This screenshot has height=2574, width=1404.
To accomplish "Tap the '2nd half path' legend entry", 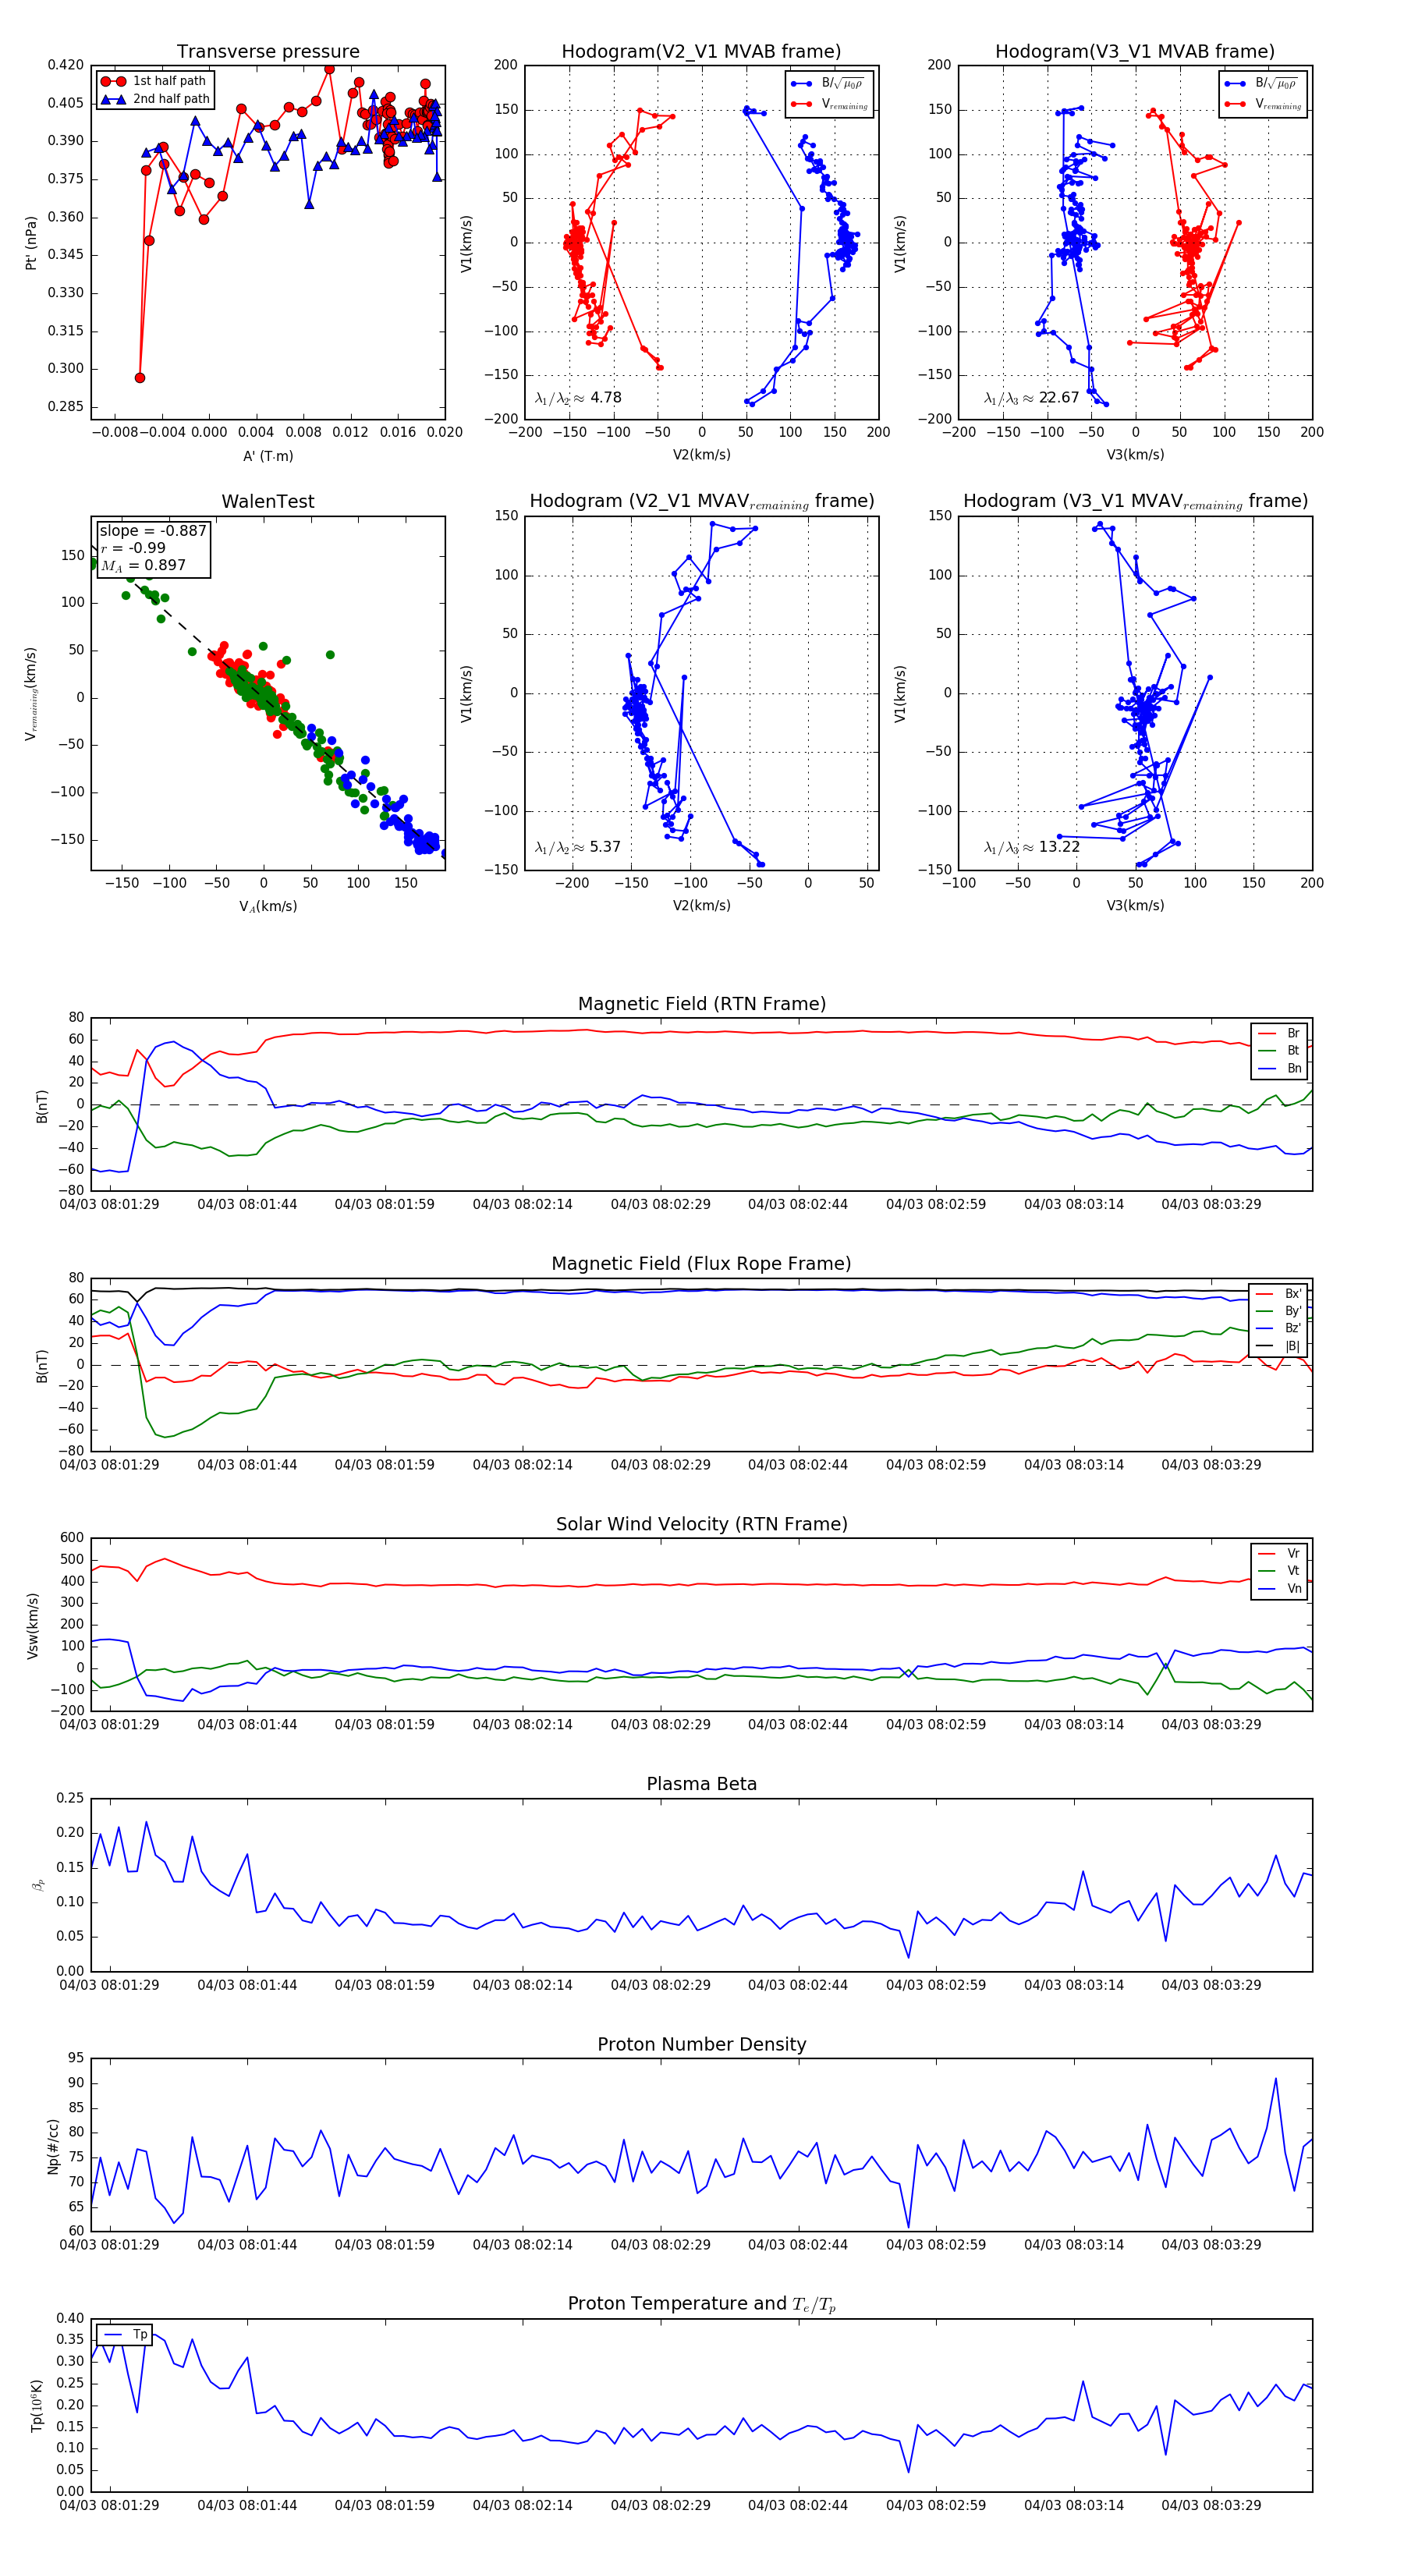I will tap(171, 99).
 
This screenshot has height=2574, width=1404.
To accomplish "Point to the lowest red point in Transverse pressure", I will tap(140, 378).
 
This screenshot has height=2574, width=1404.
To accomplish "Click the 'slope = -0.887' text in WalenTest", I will tap(153, 530).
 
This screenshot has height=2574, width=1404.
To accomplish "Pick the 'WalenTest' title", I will tap(268, 502).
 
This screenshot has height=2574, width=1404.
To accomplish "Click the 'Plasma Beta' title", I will tap(701, 1785).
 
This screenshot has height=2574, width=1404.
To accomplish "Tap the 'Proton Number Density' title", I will tap(701, 2044).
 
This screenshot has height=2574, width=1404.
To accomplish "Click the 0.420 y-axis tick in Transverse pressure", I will tap(66, 65).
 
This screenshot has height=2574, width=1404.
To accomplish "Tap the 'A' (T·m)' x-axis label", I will tap(268, 456).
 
